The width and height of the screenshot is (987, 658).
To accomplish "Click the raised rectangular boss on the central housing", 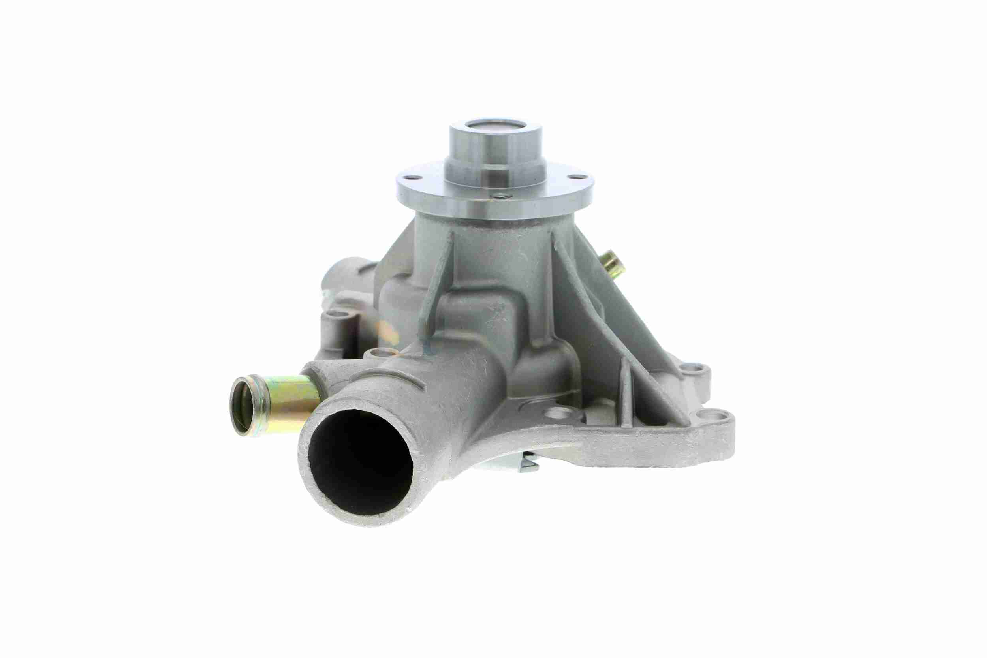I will [487, 319].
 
